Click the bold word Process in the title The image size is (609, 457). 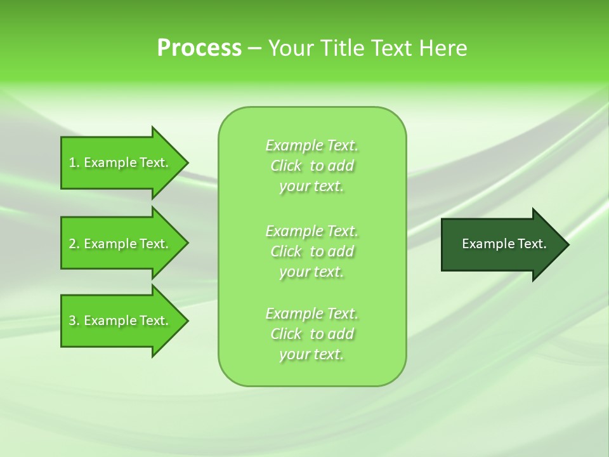point(199,48)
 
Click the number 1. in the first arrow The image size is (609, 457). point(74,163)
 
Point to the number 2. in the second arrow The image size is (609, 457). point(74,244)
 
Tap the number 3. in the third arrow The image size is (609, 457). point(74,321)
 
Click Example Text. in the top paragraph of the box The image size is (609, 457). point(311,146)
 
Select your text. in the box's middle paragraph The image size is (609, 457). point(311,272)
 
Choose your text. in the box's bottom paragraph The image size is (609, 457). point(311,354)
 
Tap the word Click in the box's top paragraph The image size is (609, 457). point(286,166)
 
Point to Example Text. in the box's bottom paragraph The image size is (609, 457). point(311,314)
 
